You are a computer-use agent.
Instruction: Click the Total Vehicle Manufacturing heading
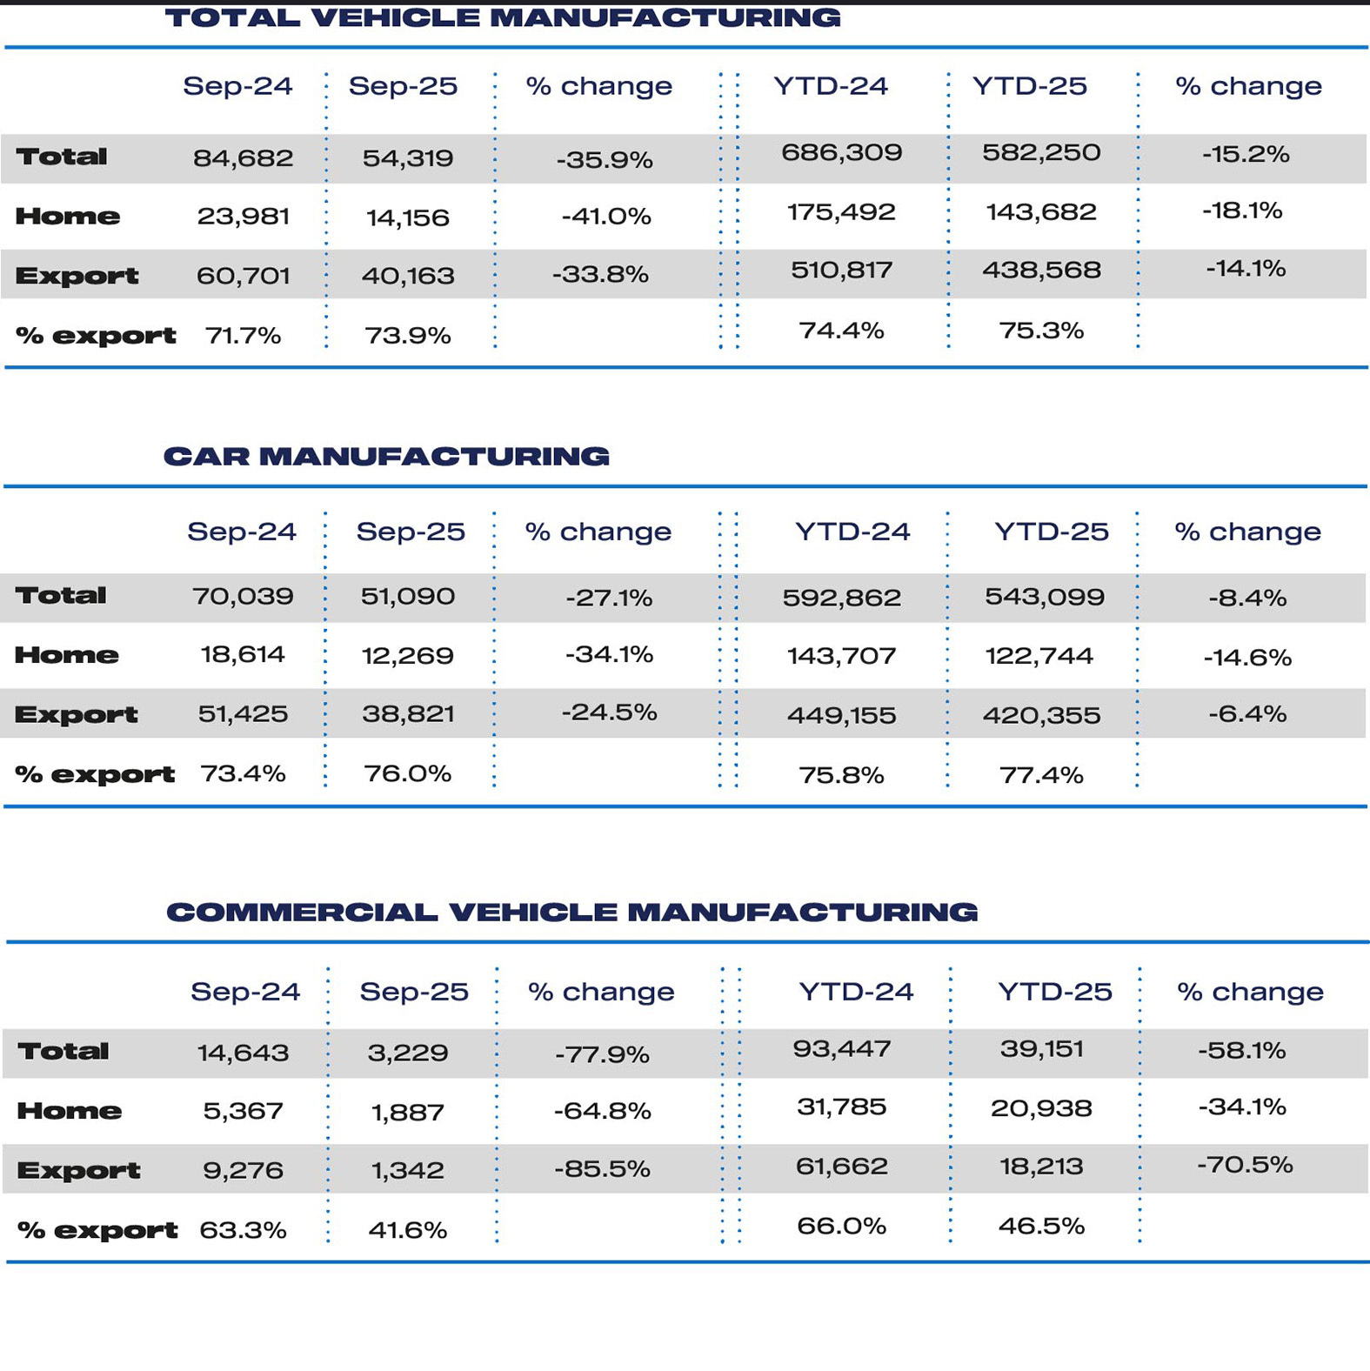[x=503, y=17]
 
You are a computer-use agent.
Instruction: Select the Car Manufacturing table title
[x=386, y=456]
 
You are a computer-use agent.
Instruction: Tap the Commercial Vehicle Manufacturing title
[x=571, y=912]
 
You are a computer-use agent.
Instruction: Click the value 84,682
[x=243, y=158]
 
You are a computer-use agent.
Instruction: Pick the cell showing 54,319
[x=408, y=158]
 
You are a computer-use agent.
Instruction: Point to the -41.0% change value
[x=605, y=216]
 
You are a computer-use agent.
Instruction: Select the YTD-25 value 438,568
[x=1041, y=270]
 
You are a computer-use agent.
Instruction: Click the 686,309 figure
[x=841, y=153]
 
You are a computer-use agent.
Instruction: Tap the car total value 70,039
[x=243, y=597]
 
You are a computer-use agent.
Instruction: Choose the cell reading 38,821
[x=408, y=714]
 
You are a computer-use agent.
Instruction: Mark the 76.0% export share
[x=407, y=773]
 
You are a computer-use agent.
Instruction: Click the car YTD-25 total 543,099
[x=1044, y=597]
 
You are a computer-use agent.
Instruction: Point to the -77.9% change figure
[x=602, y=1054]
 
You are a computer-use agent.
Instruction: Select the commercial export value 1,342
[x=407, y=1170]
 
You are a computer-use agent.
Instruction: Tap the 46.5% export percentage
[x=1041, y=1226]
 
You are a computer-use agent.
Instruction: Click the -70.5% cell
[x=1245, y=1165]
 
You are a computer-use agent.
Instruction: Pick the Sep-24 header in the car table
[x=242, y=532]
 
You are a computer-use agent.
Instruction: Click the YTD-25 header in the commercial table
[x=1054, y=991]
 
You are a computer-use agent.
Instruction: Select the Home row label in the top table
[x=67, y=217]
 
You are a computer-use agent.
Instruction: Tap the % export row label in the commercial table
[x=97, y=1230]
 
